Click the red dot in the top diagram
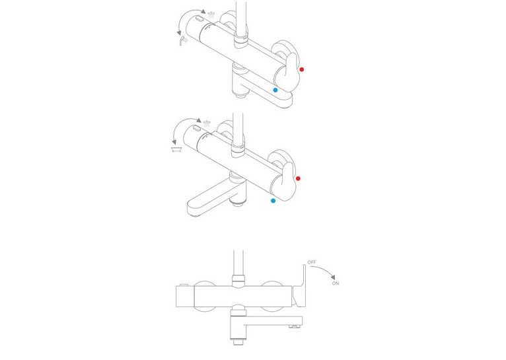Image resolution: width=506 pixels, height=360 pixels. tap(302, 69)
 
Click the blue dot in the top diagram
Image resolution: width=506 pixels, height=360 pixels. tap(275, 90)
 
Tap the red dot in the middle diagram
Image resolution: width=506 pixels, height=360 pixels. tap(298, 178)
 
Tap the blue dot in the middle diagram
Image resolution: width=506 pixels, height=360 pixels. tap(273, 201)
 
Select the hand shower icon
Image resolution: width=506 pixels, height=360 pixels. tap(183, 41)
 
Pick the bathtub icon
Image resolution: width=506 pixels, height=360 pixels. tap(176, 149)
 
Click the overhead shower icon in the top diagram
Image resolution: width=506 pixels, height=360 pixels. tap(211, 14)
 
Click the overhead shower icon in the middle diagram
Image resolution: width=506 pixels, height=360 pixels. tap(207, 124)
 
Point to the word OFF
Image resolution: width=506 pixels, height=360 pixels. tap(312, 262)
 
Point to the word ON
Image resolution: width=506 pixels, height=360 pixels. tap(336, 283)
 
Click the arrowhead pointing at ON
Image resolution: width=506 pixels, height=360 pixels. tap(333, 277)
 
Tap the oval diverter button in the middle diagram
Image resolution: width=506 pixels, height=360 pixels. tap(196, 128)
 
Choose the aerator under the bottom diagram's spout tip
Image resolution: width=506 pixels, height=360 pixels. tap(293, 327)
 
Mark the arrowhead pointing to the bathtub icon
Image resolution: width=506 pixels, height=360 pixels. tap(174, 142)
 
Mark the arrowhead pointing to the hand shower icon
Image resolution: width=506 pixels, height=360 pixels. tap(179, 33)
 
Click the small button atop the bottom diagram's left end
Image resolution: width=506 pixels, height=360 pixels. tap(184, 285)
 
